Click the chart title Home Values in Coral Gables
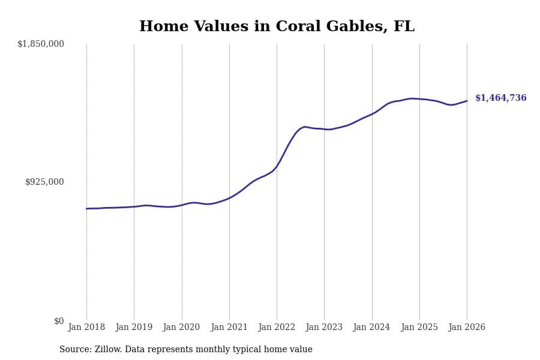tap(277, 27)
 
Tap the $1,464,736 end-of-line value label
tap(500, 98)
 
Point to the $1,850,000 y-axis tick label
tap(41, 44)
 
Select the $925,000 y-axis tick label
tap(44, 182)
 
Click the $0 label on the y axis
tap(59, 321)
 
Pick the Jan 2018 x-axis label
tap(86, 328)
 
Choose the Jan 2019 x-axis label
tap(134, 328)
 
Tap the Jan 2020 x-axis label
tap(181, 328)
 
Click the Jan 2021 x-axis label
tap(229, 328)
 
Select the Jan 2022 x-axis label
tap(277, 328)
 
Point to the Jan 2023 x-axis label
tap(324, 328)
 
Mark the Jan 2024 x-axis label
tap(371, 328)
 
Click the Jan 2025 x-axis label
tap(419, 328)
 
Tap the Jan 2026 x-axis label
tap(467, 328)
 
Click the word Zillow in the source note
tap(108, 350)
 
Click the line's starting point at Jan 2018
tap(86, 209)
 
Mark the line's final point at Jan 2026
tap(467, 101)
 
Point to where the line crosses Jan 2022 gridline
tap(277, 166)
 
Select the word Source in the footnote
tap(74, 350)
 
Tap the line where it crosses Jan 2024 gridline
tap(372, 113)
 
